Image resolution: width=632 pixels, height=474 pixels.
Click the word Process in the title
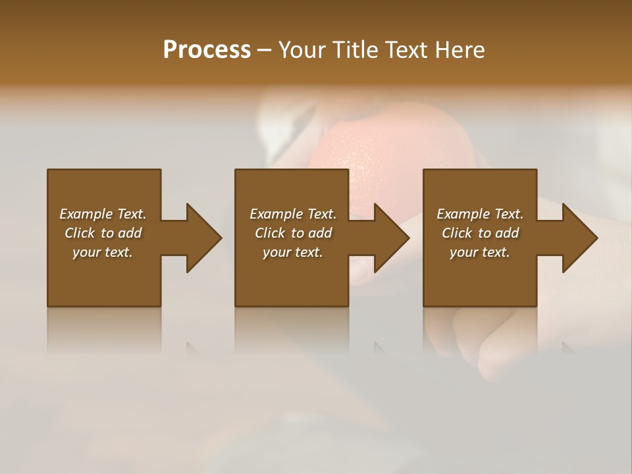207,50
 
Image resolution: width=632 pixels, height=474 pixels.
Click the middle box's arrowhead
390,238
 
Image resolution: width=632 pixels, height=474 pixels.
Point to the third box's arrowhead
578,238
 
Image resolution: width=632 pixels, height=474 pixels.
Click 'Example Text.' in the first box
103,214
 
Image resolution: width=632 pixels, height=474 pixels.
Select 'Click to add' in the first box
103,233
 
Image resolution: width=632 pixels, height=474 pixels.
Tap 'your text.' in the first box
103,252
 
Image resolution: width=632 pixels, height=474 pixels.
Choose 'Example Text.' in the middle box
292,214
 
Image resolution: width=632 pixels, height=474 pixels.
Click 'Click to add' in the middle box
292,233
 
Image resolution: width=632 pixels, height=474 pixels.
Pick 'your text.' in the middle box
292,252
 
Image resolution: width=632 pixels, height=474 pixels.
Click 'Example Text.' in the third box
480,214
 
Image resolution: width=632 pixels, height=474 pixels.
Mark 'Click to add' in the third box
480,233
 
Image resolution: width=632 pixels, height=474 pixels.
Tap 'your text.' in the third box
480,252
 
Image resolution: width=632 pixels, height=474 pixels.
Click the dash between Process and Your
264,51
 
